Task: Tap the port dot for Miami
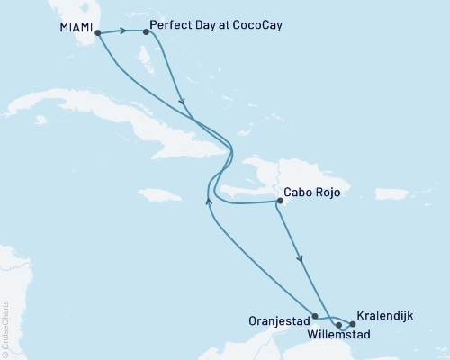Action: pos(97,33)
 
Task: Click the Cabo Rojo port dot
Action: pos(278,202)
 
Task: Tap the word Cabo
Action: pos(298,192)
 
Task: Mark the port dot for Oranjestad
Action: pos(314,316)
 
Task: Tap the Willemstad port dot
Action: pos(338,324)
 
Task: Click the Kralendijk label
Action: pos(385,316)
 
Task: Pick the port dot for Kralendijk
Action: pos(353,323)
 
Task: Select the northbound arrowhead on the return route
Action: pos(210,202)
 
